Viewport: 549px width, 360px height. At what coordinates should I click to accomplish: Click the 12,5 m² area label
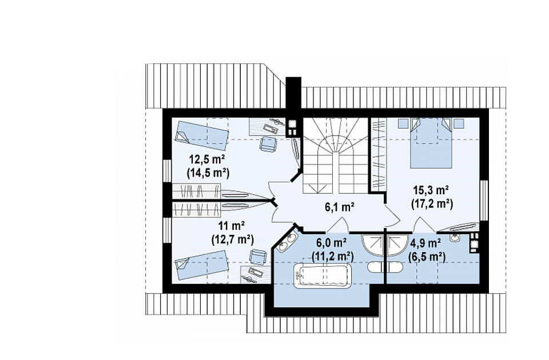point(207,160)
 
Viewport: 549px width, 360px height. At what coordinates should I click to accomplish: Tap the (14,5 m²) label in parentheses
point(208,173)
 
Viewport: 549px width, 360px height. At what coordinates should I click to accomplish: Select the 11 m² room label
point(232,226)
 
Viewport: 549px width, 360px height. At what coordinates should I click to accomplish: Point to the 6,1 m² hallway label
point(340,207)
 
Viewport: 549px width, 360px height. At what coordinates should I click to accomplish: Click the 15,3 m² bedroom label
point(431,190)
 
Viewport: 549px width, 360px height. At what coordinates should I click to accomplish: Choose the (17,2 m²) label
point(432,203)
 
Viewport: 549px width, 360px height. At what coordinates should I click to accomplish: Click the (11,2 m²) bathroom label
point(333,257)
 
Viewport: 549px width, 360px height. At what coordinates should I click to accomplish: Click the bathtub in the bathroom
point(323,275)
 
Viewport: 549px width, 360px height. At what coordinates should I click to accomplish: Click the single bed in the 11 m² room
point(202,265)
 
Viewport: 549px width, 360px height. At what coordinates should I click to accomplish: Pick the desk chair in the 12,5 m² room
point(268,144)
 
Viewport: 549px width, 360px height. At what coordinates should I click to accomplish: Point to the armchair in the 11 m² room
point(258,257)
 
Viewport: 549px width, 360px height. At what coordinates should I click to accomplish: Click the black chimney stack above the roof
point(293,93)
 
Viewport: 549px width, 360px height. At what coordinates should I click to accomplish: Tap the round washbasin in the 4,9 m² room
point(456,238)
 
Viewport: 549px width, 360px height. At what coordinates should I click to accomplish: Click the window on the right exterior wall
point(484,201)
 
